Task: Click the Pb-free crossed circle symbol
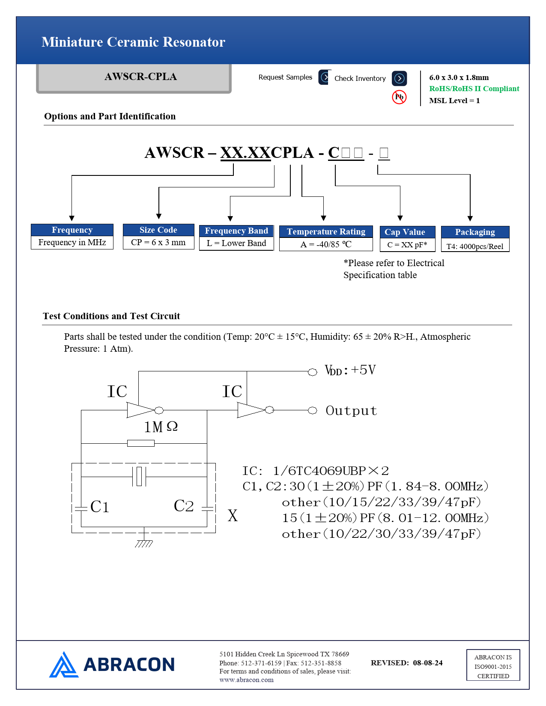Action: pos(399,97)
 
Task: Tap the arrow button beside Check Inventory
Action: pos(399,78)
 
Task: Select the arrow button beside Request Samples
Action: pos(325,77)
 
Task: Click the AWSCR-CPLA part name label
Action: pos(140,77)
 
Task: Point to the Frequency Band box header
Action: pos(236,231)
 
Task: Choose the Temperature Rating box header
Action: pos(326,232)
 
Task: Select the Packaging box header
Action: pos(475,232)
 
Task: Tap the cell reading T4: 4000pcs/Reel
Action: pos(475,246)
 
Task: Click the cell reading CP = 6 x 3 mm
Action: pos(158,243)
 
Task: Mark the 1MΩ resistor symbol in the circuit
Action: pos(141,443)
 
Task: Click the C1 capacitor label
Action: pos(100,507)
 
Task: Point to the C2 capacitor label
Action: pos(184,506)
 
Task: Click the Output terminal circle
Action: pos(313,411)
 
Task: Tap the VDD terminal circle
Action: pos(313,372)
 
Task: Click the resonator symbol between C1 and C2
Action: pos(139,476)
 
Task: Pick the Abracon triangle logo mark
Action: pos(64,665)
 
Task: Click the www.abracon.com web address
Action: pos(246,680)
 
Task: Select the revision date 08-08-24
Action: pos(428,663)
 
